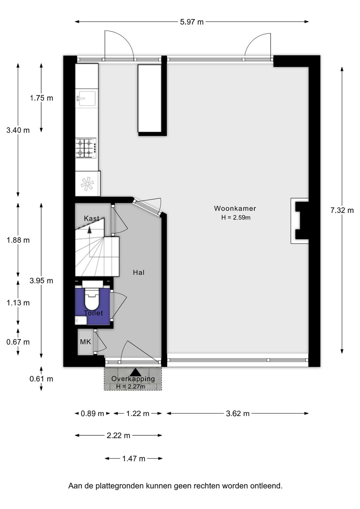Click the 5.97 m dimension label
[192, 22]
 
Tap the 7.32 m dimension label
[342, 210]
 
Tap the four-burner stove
[86, 148]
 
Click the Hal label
[139, 273]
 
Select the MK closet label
[85, 342]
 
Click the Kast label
[92, 218]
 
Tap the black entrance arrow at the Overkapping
[135, 372]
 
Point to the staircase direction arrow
[90, 230]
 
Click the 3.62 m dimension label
[238, 413]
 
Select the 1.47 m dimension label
[134, 459]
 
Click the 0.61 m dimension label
[41, 379]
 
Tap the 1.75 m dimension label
[41, 98]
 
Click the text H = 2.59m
[236, 217]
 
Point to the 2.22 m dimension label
[118, 436]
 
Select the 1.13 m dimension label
[18, 303]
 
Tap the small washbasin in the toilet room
[81, 321]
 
